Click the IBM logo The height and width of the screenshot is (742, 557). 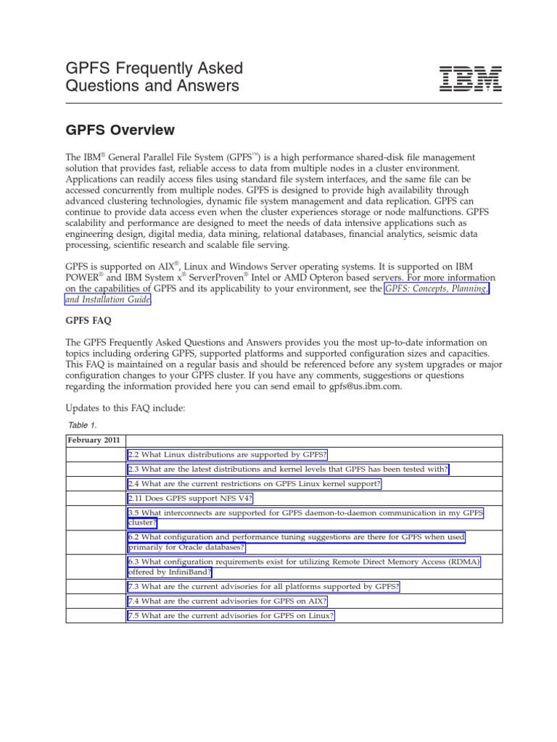point(471,78)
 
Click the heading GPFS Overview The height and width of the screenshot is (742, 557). point(120,130)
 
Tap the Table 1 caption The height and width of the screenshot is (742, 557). point(82,425)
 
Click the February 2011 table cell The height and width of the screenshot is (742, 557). point(94,440)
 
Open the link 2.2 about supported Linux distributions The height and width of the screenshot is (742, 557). point(227,455)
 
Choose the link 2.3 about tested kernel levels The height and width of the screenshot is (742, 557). point(288,470)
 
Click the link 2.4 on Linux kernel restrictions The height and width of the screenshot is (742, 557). point(254,484)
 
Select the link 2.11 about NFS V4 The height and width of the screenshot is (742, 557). point(190,499)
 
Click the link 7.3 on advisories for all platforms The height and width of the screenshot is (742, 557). point(263,585)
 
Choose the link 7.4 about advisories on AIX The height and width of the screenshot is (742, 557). point(227,601)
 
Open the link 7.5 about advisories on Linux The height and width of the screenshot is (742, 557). point(231,615)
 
